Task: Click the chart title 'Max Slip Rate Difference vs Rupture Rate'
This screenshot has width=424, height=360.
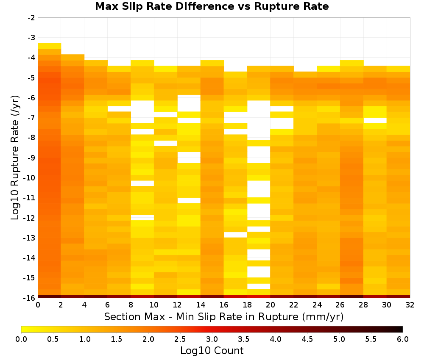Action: (x=212, y=6)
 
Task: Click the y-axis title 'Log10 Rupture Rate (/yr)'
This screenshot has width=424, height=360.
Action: (x=15, y=158)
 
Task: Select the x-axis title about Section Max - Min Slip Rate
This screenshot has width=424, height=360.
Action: (x=223, y=317)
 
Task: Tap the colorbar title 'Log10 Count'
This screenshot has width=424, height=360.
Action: (x=212, y=351)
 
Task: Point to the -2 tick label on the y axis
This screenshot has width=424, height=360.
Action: (x=31, y=18)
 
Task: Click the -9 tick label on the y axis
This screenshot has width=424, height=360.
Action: (x=31, y=158)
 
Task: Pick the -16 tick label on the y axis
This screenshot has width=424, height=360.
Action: (x=30, y=298)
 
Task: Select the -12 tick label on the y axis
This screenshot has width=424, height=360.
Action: (x=30, y=218)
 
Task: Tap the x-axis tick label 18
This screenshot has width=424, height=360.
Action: (x=247, y=305)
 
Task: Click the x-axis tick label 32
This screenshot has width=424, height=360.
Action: (x=410, y=305)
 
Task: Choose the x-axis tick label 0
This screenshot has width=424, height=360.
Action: (x=38, y=305)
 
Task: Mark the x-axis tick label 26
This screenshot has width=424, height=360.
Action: (x=340, y=305)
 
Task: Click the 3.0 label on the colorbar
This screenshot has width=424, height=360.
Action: (x=212, y=339)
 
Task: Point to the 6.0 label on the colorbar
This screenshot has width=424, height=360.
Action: (x=403, y=339)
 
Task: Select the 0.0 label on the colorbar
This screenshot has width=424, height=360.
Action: (x=21, y=339)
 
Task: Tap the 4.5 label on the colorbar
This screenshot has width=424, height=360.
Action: (x=307, y=339)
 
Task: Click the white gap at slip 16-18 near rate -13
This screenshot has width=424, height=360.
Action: (x=235, y=235)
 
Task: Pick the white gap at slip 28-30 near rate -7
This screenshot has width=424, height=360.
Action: (x=375, y=120)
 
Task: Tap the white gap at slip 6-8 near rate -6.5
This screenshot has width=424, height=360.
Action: (x=119, y=109)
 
